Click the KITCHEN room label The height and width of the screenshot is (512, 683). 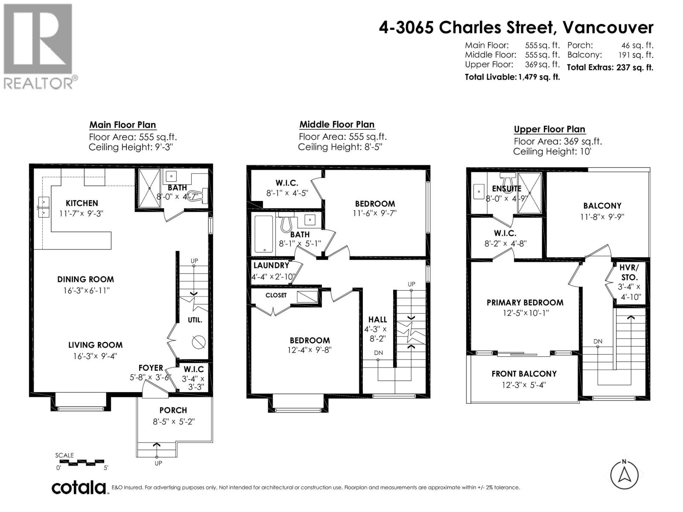click(82, 203)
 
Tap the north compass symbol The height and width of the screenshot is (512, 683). click(624, 475)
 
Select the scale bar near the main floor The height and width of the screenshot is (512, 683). click(82, 462)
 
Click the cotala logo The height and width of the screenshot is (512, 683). click(79, 487)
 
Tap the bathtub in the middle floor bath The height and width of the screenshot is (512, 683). click(263, 234)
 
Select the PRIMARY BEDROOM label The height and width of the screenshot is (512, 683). click(525, 303)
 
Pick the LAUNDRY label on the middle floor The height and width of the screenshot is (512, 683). click(271, 265)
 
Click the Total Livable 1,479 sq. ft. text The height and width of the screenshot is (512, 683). click(512, 77)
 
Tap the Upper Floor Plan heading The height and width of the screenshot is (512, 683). click(549, 129)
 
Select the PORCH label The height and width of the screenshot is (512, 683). click(173, 410)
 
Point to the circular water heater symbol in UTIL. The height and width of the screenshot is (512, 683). click(198, 342)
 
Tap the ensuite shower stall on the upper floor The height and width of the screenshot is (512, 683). click(529, 193)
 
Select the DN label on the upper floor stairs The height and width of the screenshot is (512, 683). click(598, 341)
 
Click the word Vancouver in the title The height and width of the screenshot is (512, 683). click(608, 28)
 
